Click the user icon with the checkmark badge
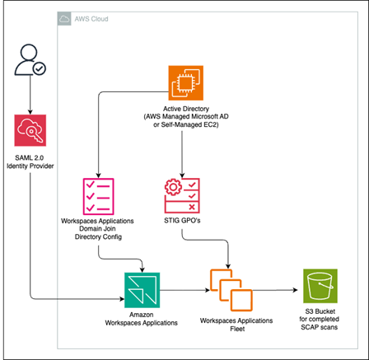point(30,59)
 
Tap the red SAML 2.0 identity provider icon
point(30,130)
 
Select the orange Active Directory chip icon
point(186,83)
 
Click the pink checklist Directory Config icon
point(98,196)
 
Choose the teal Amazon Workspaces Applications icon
point(142,290)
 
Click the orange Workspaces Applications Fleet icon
point(231,290)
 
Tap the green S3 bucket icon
point(320,286)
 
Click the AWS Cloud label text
point(91,19)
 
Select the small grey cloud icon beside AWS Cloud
point(64,19)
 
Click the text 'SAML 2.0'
point(30,158)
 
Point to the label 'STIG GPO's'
point(182,221)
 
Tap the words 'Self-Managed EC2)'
point(189,124)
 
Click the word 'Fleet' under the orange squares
point(237,329)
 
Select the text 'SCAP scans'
point(320,327)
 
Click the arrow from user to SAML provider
point(30,95)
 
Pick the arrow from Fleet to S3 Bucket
point(275,290)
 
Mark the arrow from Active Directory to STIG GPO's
point(182,154)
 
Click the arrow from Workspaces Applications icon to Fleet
point(184,290)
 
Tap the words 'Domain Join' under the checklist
point(97,229)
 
